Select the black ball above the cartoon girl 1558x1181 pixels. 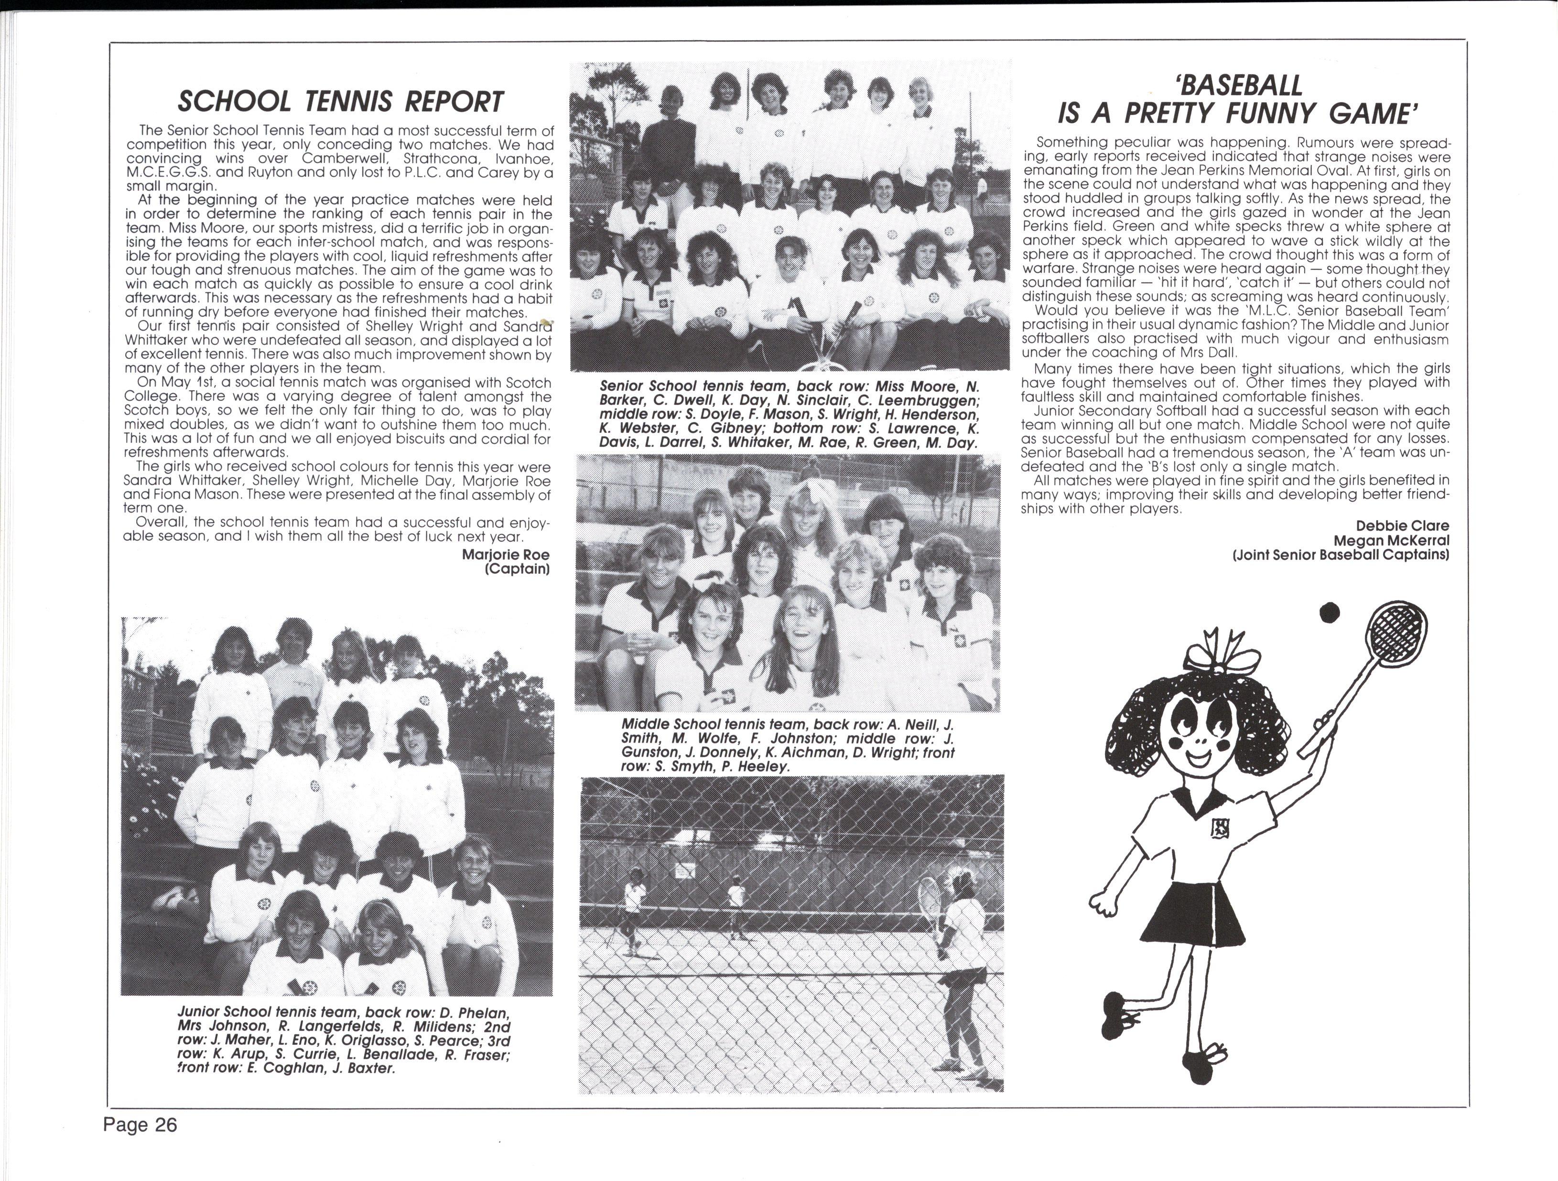point(1329,613)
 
